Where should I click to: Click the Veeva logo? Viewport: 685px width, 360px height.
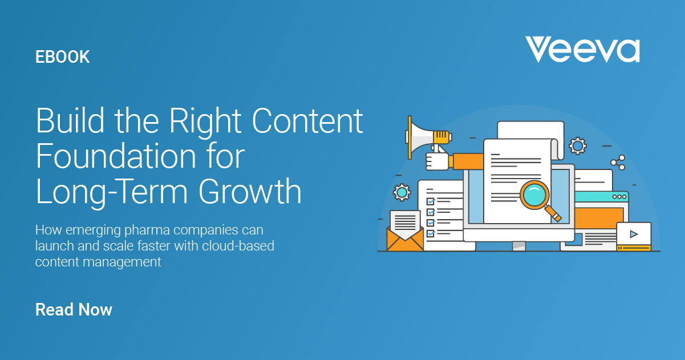click(582, 50)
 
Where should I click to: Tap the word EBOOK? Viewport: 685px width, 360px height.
click(63, 57)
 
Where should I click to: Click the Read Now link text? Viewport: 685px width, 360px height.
click(74, 310)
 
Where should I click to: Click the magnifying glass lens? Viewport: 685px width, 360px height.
click(534, 196)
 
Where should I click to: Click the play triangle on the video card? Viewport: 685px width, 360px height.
click(633, 234)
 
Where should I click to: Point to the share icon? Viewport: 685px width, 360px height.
click(618, 163)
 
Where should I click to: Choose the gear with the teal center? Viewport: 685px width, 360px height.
click(402, 192)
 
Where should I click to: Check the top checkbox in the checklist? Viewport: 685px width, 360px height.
click(431, 201)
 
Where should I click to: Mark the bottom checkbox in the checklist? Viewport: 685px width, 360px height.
click(431, 233)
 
